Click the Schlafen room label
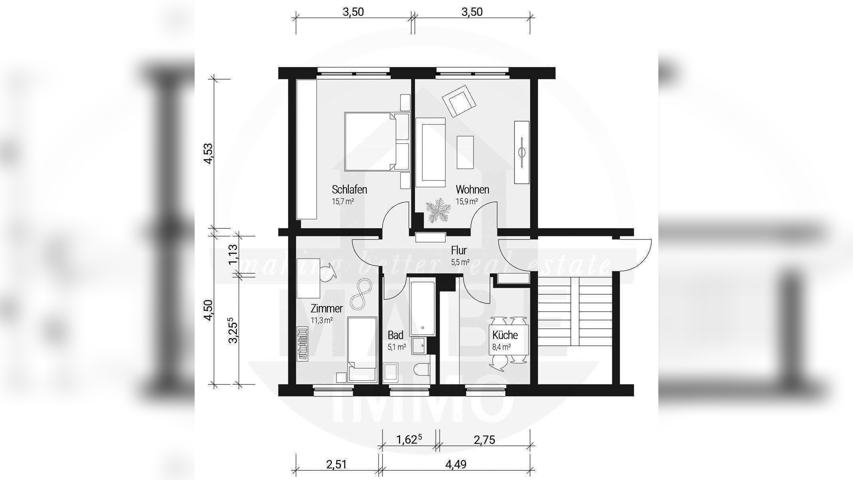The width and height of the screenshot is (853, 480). [349, 189]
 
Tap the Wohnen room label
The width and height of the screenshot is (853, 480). [472, 189]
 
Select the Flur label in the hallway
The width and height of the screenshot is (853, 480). [459, 250]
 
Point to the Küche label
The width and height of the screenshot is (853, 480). [505, 335]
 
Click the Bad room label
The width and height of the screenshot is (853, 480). [396, 335]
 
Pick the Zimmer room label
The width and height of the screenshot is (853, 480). [327, 308]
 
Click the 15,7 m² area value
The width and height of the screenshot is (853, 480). [343, 201]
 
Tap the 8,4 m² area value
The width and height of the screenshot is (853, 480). [501, 347]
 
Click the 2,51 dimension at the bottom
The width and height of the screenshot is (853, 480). [337, 464]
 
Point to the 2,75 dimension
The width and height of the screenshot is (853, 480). [484, 440]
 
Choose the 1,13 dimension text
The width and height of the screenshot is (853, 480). [233, 255]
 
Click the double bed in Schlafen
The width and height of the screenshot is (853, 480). [377, 142]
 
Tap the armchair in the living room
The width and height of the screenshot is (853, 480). [459, 101]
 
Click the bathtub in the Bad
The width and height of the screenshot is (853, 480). [422, 308]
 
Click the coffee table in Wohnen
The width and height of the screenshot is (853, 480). [465, 152]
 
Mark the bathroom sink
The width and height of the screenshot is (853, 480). [420, 346]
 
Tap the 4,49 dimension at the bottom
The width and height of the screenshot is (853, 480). [456, 464]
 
